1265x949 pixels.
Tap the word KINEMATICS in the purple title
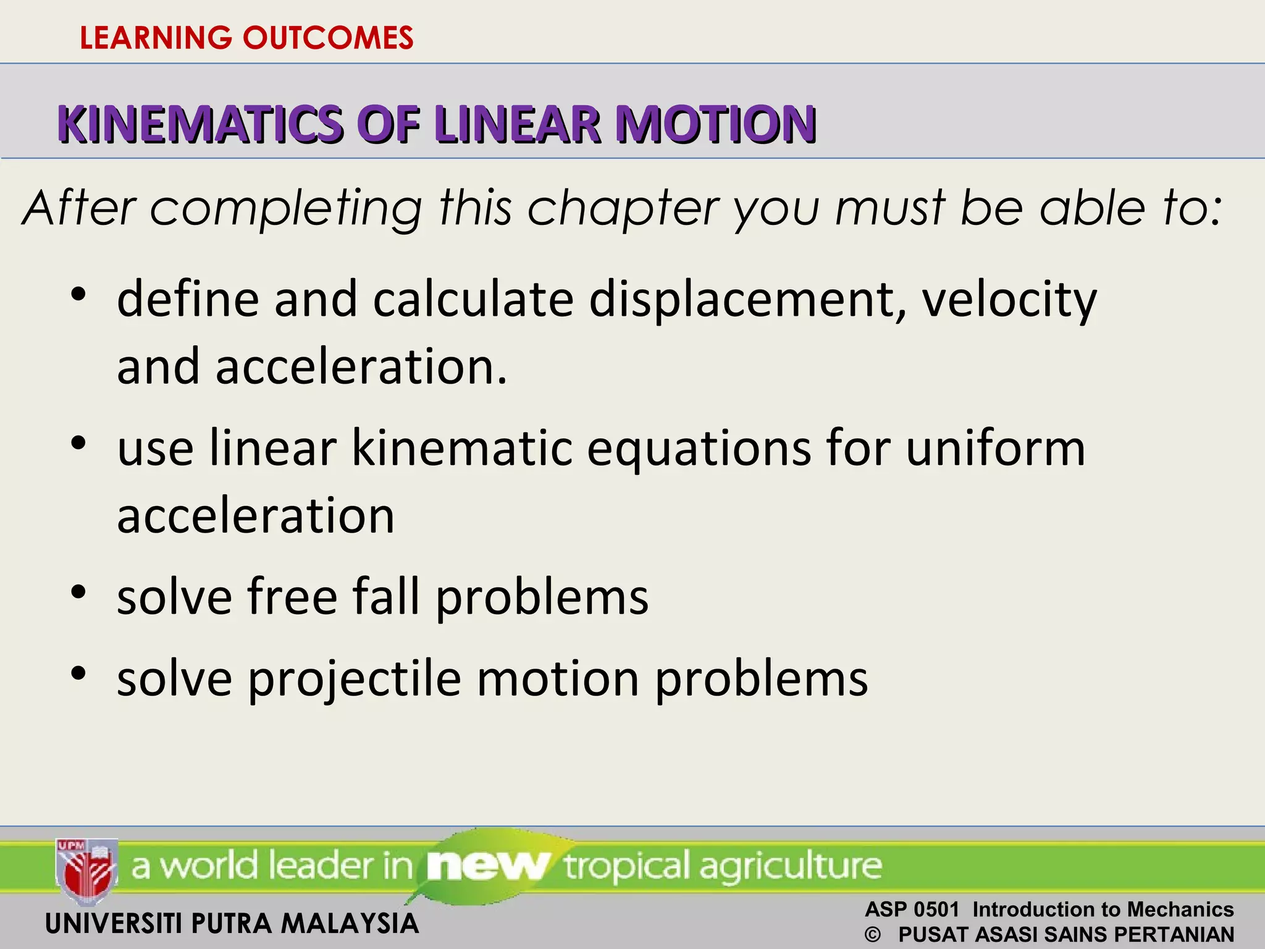(200, 125)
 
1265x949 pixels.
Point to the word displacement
(747, 300)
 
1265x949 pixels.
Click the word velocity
(1009, 300)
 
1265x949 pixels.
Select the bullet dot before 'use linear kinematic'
(78, 443)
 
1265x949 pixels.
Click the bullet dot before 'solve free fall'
(78, 592)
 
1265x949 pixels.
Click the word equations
(699, 449)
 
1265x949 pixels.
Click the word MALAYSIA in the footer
(350, 924)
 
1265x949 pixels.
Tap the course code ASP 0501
(912, 909)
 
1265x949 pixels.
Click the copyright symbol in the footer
(873, 935)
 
